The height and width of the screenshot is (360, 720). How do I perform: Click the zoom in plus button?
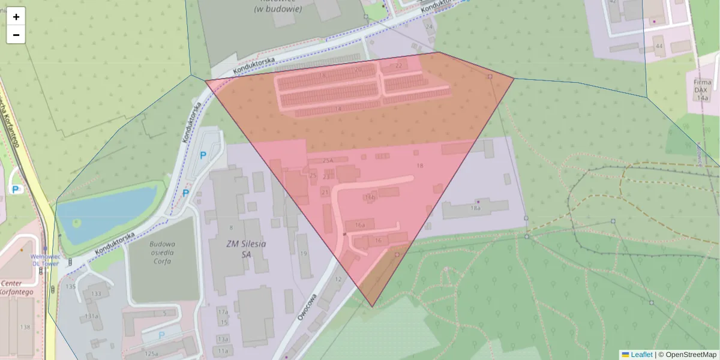16,17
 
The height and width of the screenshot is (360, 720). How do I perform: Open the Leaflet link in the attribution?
641,355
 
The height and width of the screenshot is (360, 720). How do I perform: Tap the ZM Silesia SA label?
238,249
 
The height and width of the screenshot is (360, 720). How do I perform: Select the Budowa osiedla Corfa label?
162,253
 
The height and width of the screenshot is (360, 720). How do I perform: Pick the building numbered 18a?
475,208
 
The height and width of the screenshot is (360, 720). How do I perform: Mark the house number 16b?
370,197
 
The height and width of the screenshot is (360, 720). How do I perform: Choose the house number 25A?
328,161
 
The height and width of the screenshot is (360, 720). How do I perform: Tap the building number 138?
25,327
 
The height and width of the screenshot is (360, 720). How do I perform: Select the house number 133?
96,294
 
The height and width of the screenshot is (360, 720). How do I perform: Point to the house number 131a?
92,316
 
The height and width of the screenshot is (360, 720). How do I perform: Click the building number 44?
659,46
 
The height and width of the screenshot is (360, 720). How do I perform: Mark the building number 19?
304,254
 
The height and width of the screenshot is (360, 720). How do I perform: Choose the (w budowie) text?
278,9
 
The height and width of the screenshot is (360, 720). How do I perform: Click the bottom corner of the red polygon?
372,307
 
